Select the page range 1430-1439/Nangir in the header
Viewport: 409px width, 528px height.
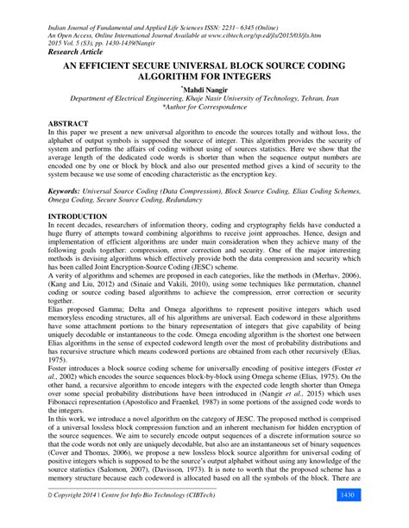pyautogui.click(x=112, y=36)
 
